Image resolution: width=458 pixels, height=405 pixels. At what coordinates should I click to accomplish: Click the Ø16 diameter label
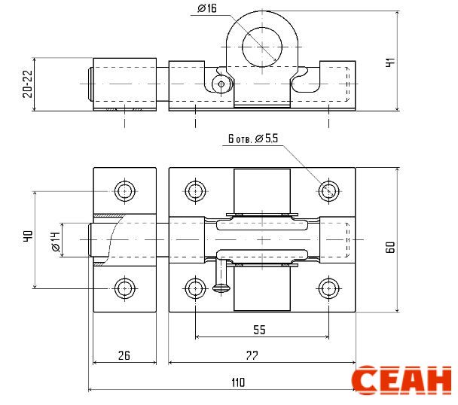click(x=207, y=8)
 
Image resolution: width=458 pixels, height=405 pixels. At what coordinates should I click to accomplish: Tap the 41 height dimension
click(x=390, y=62)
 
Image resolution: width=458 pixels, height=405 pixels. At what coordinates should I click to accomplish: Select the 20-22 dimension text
click(x=28, y=84)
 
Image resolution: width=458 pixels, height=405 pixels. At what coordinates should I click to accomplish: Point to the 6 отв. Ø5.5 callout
click(x=253, y=138)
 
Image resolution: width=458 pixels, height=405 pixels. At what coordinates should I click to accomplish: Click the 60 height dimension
click(x=390, y=247)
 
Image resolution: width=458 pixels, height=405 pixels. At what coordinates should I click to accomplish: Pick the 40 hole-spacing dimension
click(x=28, y=236)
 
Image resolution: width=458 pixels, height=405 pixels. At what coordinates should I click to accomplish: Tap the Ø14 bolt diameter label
click(x=55, y=242)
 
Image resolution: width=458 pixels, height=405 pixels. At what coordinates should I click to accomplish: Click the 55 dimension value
click(x=259, y=330)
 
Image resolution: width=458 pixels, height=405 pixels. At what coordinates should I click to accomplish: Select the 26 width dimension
click(x=124, y=355)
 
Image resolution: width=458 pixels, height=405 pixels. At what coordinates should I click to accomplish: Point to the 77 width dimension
click(x=252, y=355)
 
